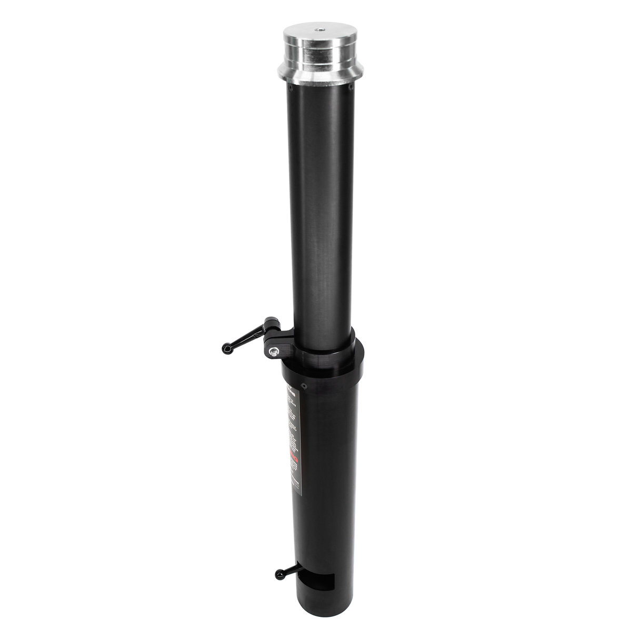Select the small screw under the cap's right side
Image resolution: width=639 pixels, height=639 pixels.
click(x=350, y=82)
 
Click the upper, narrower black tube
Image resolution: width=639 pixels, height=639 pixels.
click(x=320, y=211)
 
